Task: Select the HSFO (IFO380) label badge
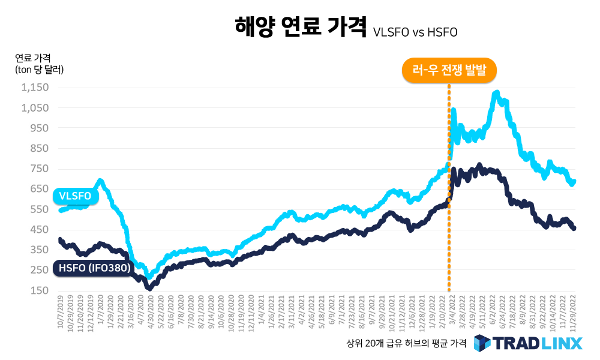click(x=92, y=268)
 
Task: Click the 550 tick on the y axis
click(x=39, y=209)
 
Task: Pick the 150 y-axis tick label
click(x=39, y=291)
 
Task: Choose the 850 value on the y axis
click(x=39, y=148)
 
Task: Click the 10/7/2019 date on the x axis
click(x=61, y=313)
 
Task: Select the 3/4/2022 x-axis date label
click(x=449, y=311)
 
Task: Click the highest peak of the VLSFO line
click(x=496, y=93)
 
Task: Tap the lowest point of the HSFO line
click(x=149, y=288)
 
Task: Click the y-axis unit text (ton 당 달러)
click(x=39, y=70)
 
